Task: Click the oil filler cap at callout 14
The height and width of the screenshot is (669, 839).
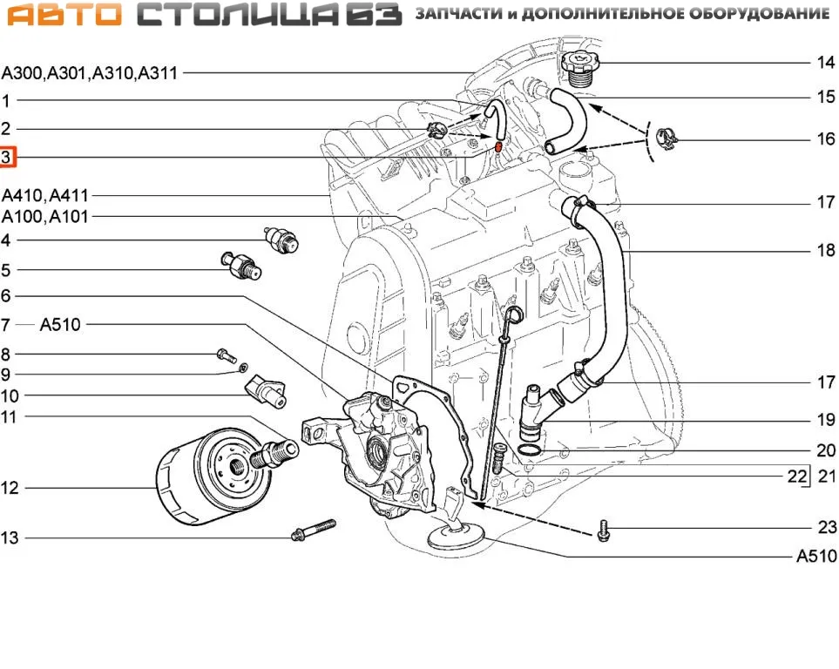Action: pos(579,66)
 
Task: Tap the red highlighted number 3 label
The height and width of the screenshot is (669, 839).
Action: pos(7,158)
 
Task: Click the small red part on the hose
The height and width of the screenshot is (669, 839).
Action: pos(497,145)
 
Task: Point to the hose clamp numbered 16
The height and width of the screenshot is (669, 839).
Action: pos(667,137)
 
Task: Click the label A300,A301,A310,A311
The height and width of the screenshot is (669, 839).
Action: pos(90,74)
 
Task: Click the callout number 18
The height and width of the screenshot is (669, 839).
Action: pos(825,250)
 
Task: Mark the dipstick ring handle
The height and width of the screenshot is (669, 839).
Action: pos(516,314)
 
